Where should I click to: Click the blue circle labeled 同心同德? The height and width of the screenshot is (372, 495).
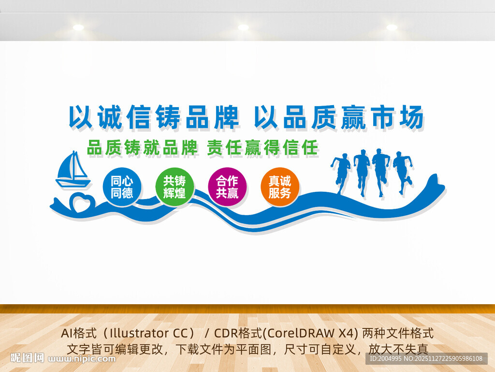point(122,187)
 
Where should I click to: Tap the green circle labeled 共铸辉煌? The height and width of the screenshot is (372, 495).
point(175,187)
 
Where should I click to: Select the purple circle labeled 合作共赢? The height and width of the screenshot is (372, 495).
point(227,187)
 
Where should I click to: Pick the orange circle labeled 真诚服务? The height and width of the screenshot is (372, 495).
point(280,187)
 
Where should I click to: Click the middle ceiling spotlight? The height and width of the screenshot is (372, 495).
point(243,28)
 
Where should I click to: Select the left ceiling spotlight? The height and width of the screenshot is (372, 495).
point(78,28)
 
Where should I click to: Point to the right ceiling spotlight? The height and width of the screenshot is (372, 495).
point(392,28)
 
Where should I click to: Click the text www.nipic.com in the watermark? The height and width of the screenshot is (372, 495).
point(83,359)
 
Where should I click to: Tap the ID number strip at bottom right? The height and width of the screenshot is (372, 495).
point(426,358)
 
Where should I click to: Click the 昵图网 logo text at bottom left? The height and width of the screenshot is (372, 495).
point(27,358)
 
